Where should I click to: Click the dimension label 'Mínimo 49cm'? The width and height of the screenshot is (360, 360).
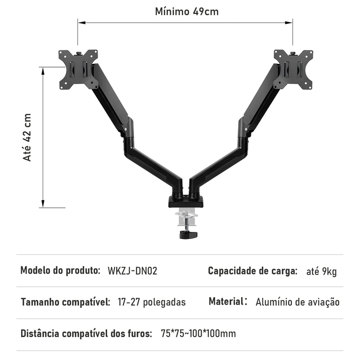(187, 11)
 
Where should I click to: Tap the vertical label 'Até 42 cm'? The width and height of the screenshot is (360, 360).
(27, 137)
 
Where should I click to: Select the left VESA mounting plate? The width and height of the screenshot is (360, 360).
(78, 69)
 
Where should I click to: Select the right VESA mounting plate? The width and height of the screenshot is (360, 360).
(293, 69)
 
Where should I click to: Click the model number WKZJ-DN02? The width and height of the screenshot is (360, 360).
(132, 271)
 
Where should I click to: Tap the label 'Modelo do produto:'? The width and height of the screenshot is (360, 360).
(60, 271)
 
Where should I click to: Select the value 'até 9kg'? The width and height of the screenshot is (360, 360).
(321, 271)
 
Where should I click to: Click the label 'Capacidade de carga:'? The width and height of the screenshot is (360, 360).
(252, 271)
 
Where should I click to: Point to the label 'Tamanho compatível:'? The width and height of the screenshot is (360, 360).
(65, 302)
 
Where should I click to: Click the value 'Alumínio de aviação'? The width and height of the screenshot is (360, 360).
(297, 302)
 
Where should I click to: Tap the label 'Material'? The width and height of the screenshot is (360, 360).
(225, 301)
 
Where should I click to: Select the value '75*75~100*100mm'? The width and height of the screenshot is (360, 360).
(198, 333)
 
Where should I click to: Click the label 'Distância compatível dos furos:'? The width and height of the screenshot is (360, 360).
(86, 333)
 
